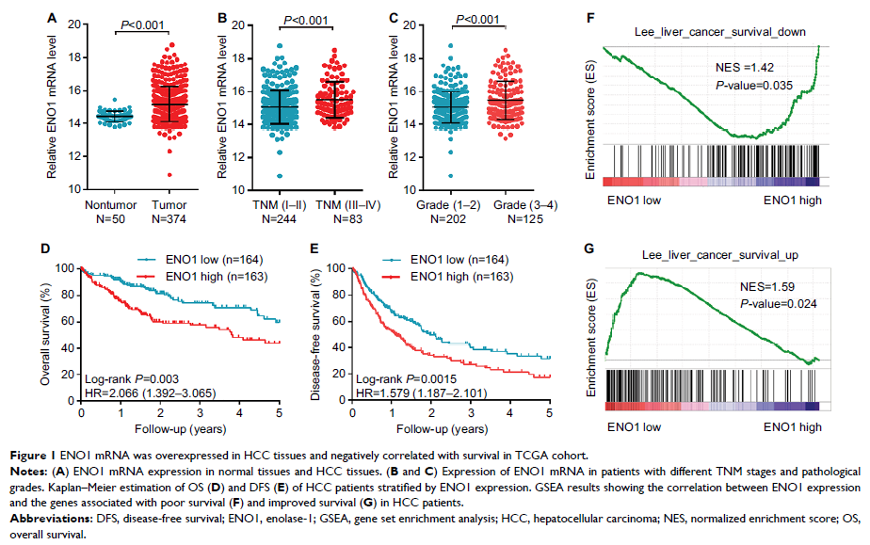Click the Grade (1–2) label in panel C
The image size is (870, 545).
point(455,203)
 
